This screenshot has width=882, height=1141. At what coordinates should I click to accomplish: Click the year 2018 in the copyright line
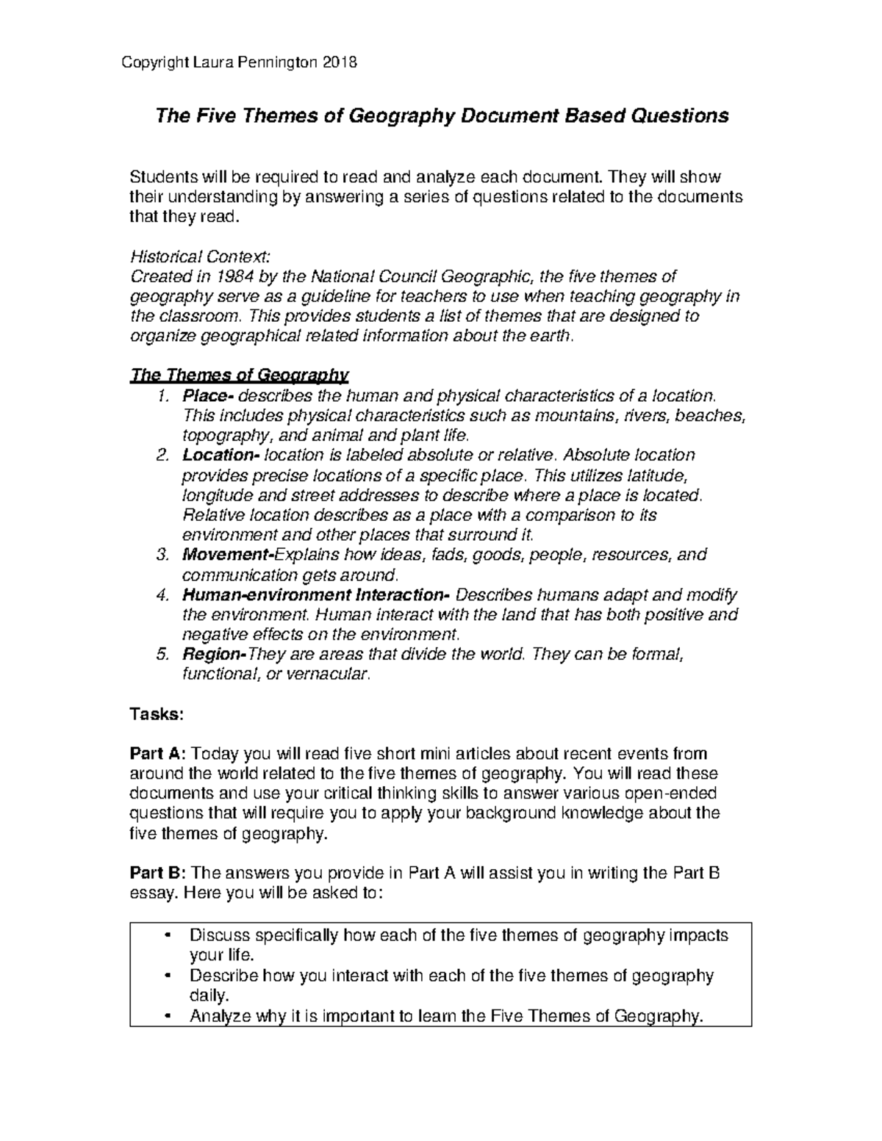click(340, 62)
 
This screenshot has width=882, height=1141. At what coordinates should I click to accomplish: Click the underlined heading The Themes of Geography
click(238, 375)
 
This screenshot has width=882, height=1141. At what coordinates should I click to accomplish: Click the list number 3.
click(163, 555)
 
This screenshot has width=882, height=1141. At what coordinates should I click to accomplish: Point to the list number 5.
click(163, 654)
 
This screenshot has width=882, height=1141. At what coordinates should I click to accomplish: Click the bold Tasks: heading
click(151, 713)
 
